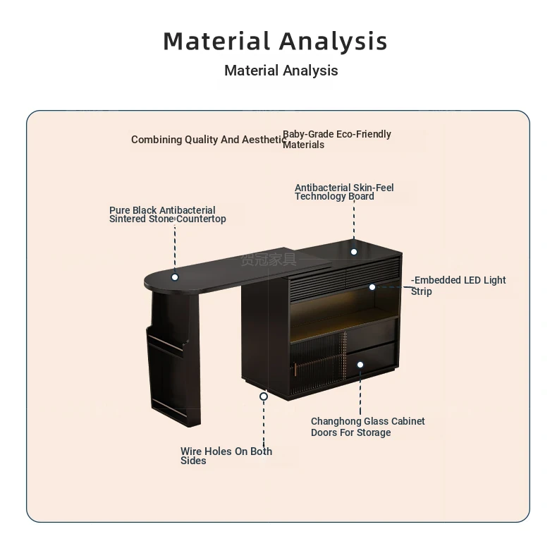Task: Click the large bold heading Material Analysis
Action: [275, 42]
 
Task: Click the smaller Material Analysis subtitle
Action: [281, 71]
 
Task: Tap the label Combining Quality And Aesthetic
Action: [209, 140]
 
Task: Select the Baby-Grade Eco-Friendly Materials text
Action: [337, 140]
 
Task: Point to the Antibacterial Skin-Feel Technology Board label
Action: [344, 192]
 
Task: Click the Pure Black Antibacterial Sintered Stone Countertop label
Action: [168, 214]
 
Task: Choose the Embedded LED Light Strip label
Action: [458, 286]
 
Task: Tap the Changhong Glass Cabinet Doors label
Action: [368, 427]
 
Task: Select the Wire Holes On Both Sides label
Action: [226, 456]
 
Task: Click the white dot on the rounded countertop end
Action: [175, 277]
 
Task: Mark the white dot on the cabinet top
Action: [354, 252]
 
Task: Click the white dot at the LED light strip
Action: [372, 287]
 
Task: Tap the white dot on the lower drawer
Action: [360, 365]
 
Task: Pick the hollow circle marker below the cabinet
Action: [264, 396]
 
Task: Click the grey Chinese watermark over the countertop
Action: [269, 260]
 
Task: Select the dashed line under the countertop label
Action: [175, 249]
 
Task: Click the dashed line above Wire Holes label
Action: [264, 423]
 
